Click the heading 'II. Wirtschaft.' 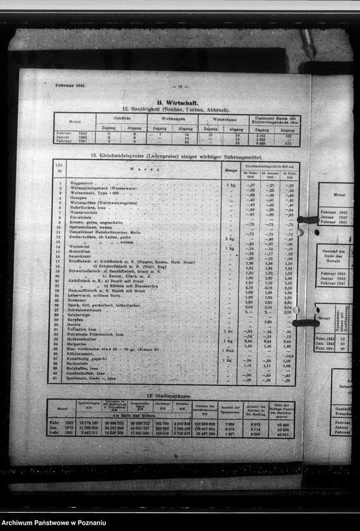177,102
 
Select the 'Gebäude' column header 122,118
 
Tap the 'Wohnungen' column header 172,118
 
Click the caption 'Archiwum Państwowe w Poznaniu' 54,522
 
